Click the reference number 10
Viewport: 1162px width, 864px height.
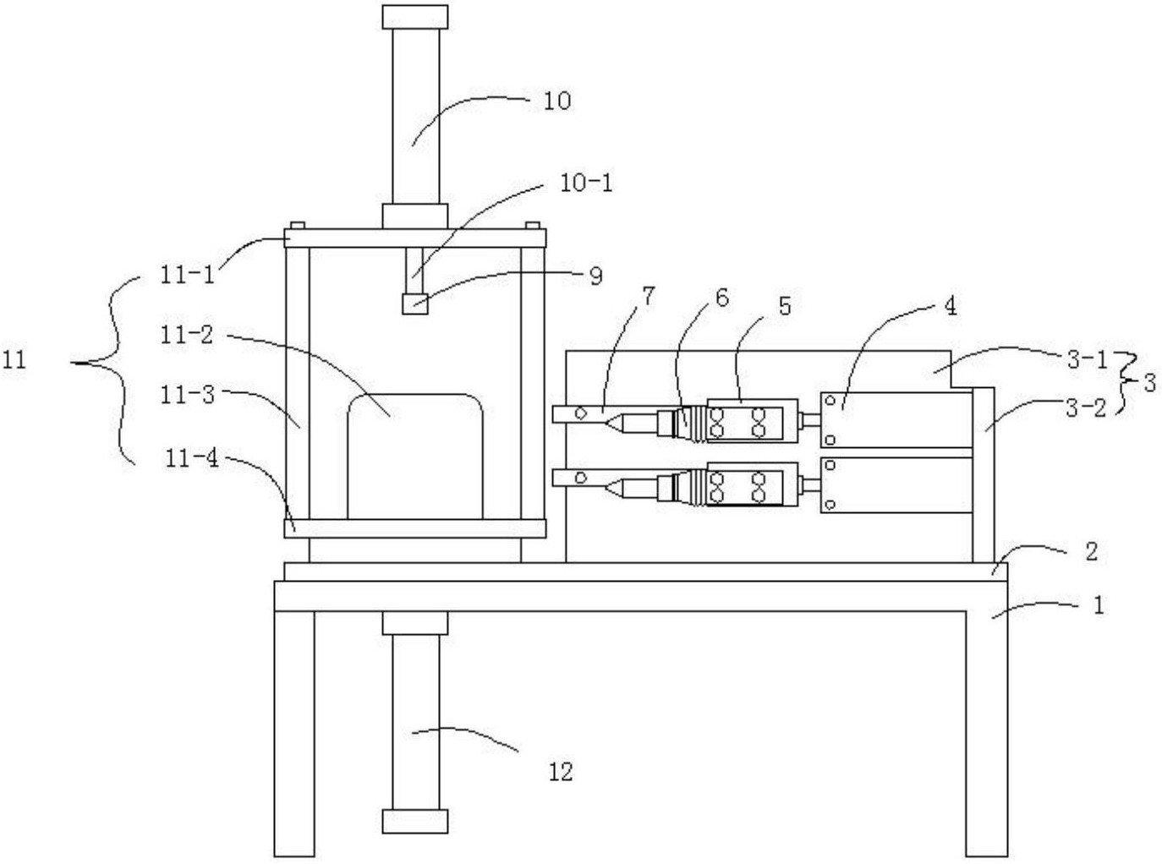[x=556, y=101]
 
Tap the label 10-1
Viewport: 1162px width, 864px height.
[x=586, y=183]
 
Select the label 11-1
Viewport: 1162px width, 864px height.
[x=188, y=275]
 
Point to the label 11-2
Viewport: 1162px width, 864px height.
[x=188, y=334]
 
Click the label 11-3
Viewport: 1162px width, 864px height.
[x=188, y=395]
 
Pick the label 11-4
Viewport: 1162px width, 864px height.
[x=191, y=459]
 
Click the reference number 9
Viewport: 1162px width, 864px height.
[x=595, y=276]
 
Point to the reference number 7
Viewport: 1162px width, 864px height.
[x=648, y=297]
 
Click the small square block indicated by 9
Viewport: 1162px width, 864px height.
[x=415, y=303]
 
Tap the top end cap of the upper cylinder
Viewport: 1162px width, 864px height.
[x=415, y=17]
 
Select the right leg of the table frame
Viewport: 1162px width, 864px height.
[x=986, y=734]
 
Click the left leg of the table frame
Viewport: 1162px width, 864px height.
[x=294, y=734]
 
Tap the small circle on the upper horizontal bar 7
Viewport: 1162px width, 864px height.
[x=580, y=413]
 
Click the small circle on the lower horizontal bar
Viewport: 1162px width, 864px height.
[x=580, y=478]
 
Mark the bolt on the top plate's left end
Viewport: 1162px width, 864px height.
[x=298, y=226]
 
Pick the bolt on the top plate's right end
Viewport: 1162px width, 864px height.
[x=533, y=226]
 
